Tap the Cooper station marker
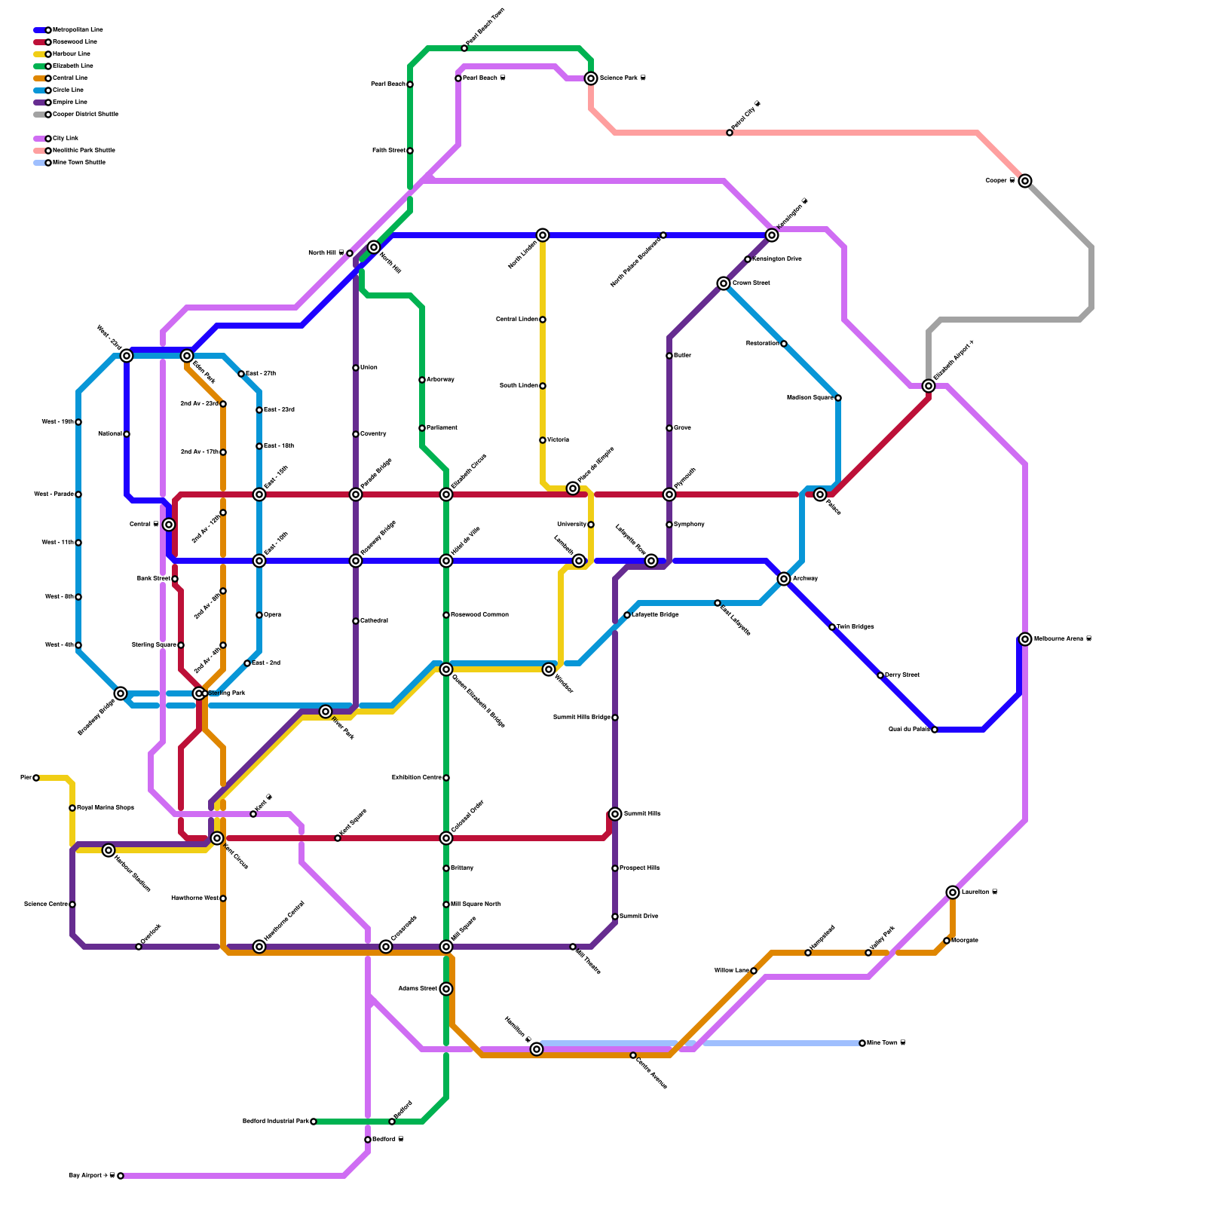1024,181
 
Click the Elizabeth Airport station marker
929,386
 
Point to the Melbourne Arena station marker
1025,639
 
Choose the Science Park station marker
591,78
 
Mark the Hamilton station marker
537,1049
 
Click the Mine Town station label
885,1043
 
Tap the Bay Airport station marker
121,1176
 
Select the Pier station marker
36,778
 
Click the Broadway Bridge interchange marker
121,693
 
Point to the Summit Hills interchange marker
615,814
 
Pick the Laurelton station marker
953,892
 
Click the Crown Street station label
751,283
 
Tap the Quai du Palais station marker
935,730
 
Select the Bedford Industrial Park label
275,1122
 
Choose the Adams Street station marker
446,989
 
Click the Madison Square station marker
838,398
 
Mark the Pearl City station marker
730,133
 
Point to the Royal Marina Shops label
106,808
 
